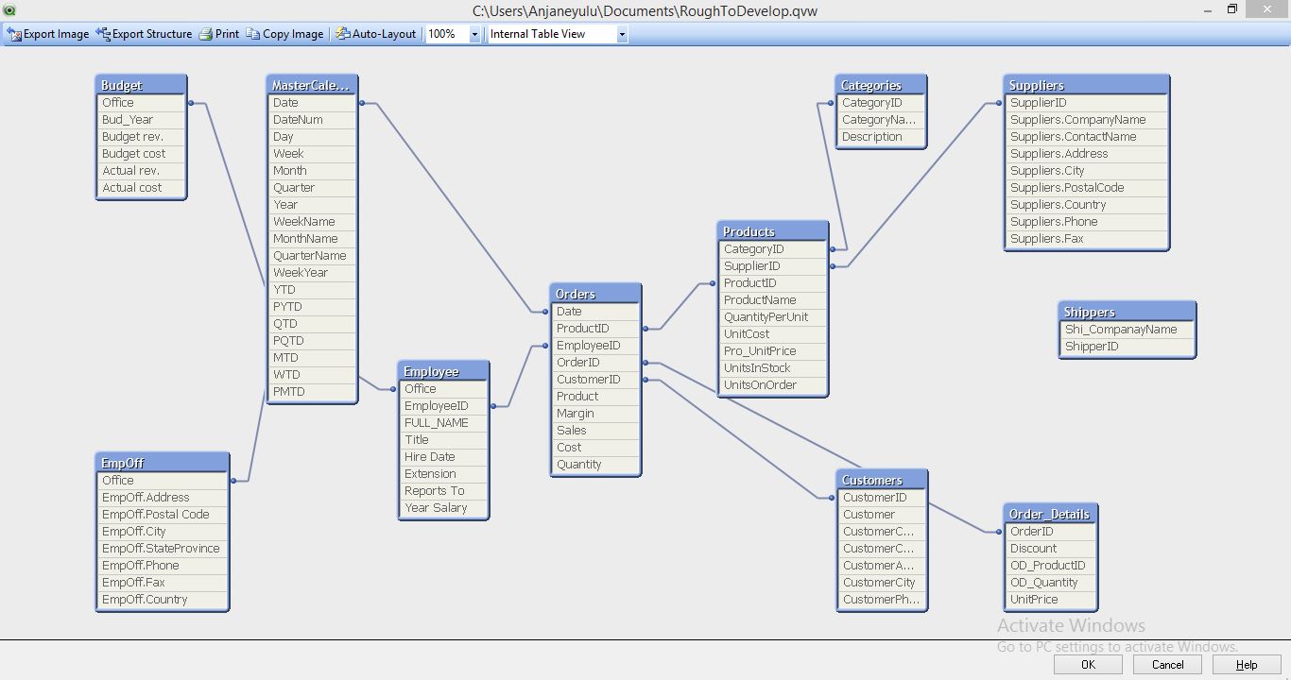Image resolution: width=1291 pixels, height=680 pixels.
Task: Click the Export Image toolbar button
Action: [x=48, y=34]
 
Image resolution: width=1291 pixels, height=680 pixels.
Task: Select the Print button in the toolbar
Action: [x=219, y=34]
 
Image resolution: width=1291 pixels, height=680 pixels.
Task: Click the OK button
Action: [x=1088, y=664]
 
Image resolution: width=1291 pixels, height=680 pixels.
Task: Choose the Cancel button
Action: [x=1167, y=664]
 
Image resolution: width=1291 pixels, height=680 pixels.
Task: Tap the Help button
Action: [x=1247, y=664]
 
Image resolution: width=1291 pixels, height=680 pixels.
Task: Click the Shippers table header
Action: [x=1127, y=312]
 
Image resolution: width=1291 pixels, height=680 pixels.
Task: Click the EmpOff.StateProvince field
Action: [x=161, y=549]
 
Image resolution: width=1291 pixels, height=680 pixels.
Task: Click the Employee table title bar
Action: [x=442, y=371]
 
